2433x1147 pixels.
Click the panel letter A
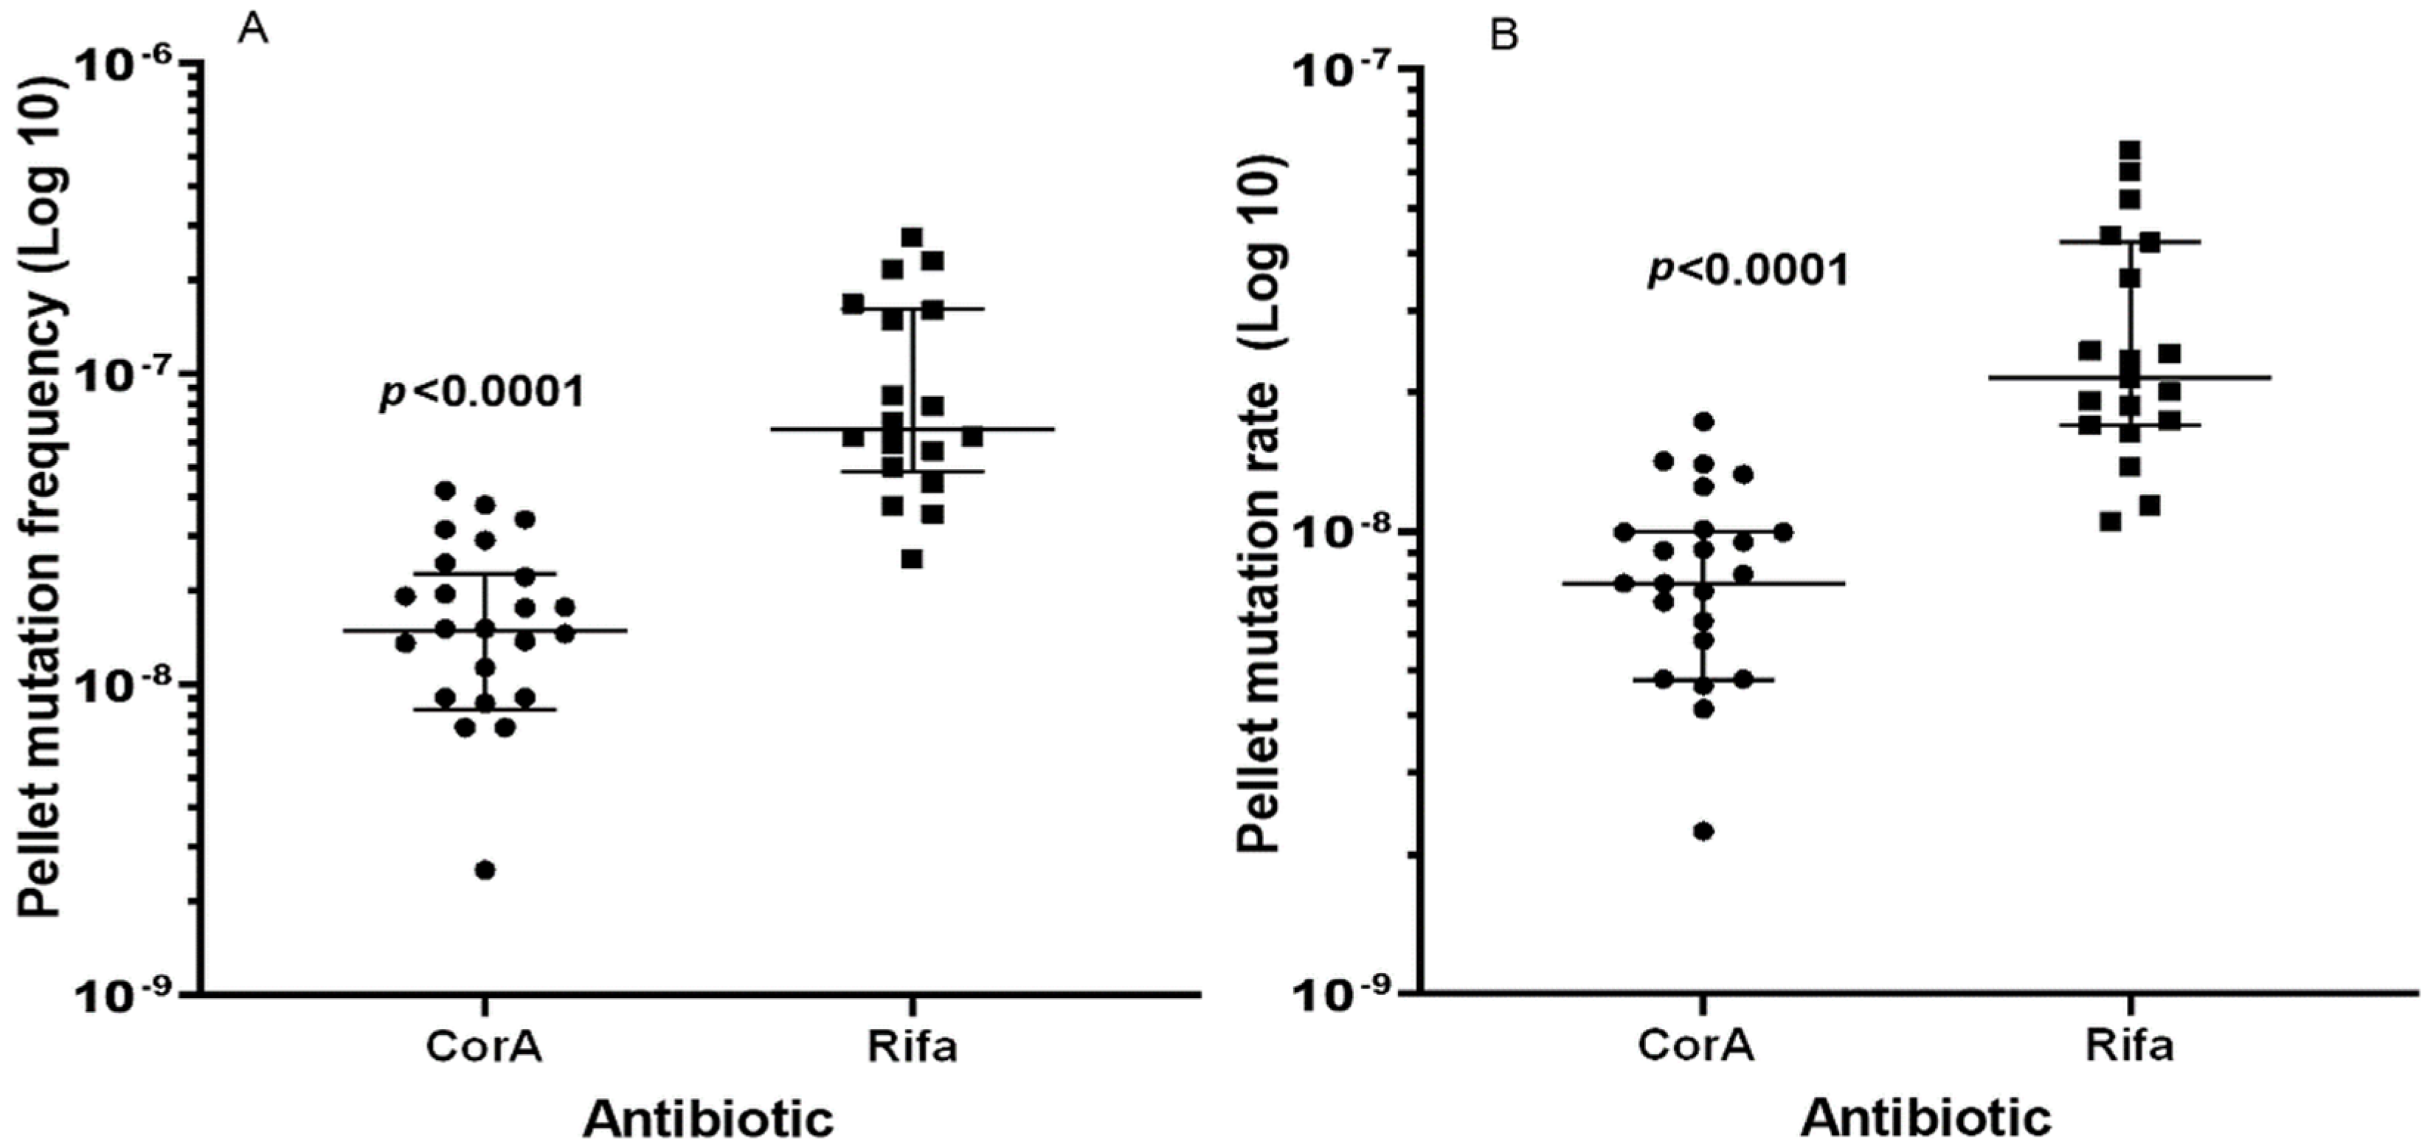[253, 30]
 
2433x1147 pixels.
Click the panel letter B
[1504, 37]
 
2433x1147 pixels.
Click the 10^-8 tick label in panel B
[1345, 533]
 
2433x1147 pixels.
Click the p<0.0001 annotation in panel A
[482, 392]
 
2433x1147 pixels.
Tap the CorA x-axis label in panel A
[485, 1046]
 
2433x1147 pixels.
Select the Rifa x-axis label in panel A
[913, 1046]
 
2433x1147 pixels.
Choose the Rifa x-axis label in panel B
[2129, 1046]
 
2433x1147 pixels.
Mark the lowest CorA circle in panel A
[485, 870]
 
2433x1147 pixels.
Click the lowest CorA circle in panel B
[1705, 831]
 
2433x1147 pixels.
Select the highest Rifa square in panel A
[913, 237]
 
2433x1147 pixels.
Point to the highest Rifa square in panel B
[2130, 150]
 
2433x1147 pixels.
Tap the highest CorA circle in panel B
[1705, 421]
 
